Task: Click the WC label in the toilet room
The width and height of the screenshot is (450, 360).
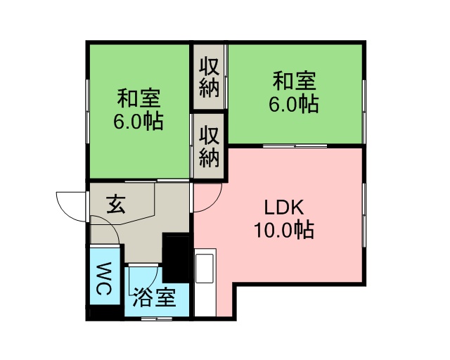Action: point(103,278)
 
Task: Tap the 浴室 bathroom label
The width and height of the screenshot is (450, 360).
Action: point(154,297)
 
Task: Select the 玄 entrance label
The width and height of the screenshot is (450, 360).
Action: point(115,205)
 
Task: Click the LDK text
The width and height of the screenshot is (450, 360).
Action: point(284,207)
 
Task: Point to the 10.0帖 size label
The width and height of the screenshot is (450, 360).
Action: point(284,230)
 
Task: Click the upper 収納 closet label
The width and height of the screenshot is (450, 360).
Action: point(210,77)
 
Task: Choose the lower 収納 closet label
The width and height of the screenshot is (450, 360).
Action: point(210,147)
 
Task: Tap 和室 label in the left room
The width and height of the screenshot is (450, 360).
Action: point(139,98)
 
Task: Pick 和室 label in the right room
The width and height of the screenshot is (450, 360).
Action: point(294,82)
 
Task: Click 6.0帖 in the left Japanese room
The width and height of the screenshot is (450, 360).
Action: point(139,121)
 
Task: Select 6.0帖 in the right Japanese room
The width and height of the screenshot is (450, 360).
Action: point(294,103)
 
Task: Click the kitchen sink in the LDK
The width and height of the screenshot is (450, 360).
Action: point(205,269)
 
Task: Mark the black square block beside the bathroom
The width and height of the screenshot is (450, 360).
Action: point(176,257)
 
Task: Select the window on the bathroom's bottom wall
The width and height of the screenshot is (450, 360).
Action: point(157,319)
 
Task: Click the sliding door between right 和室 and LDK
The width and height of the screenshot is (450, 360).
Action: point(295,146)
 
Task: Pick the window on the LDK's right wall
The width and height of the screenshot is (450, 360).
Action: point(364,215)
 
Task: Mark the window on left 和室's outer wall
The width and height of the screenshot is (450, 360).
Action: point(87,111)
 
